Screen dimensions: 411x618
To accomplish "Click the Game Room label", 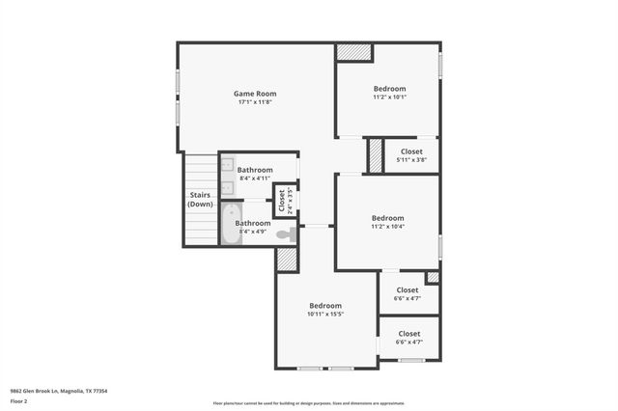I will [254, 94].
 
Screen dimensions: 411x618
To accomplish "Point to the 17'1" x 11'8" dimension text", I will [254, 102].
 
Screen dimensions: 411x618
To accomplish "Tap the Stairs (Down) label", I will [200, 200].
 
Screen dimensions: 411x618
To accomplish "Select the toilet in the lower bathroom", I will [285, 234].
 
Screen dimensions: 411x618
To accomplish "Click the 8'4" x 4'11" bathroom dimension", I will [255, 178].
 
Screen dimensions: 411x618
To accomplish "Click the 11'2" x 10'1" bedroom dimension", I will [389, 96].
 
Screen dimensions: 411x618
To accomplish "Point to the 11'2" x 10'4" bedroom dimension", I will [387, 226].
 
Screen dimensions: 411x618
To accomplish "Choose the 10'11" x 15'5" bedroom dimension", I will [325, 314].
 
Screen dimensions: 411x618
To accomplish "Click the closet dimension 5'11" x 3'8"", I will [411, 160].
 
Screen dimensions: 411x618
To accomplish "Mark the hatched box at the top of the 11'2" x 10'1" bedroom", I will [354, 52].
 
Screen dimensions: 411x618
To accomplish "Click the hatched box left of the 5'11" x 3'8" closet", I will [376, 156].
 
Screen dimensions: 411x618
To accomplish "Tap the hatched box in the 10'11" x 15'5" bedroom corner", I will [287, 260].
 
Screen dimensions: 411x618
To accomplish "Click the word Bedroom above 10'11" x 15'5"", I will [325, 305].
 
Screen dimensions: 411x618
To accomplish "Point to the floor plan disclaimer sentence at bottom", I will [309, 402].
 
